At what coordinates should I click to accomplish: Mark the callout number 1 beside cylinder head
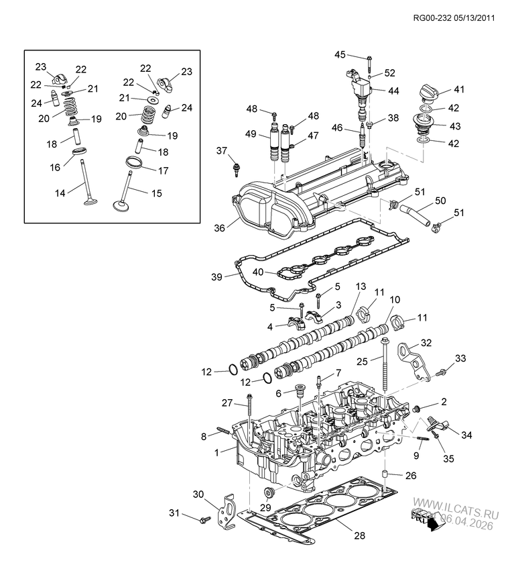point(216,453)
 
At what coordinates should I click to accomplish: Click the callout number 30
point(198,494)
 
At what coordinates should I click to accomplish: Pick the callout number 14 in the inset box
point(60,193)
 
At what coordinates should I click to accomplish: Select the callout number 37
point(222,150)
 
